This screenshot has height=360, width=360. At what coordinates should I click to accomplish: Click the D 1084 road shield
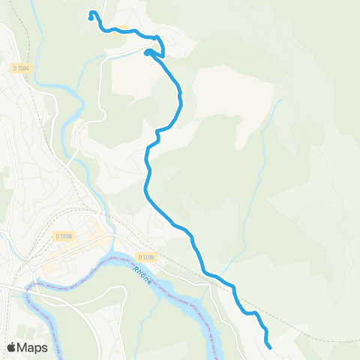point(22,68)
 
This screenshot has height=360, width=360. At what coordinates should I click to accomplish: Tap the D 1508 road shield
point(63,236)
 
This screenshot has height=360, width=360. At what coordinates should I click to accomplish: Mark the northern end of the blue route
point(91,13)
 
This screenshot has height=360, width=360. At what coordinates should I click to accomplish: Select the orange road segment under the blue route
point(116,30)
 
